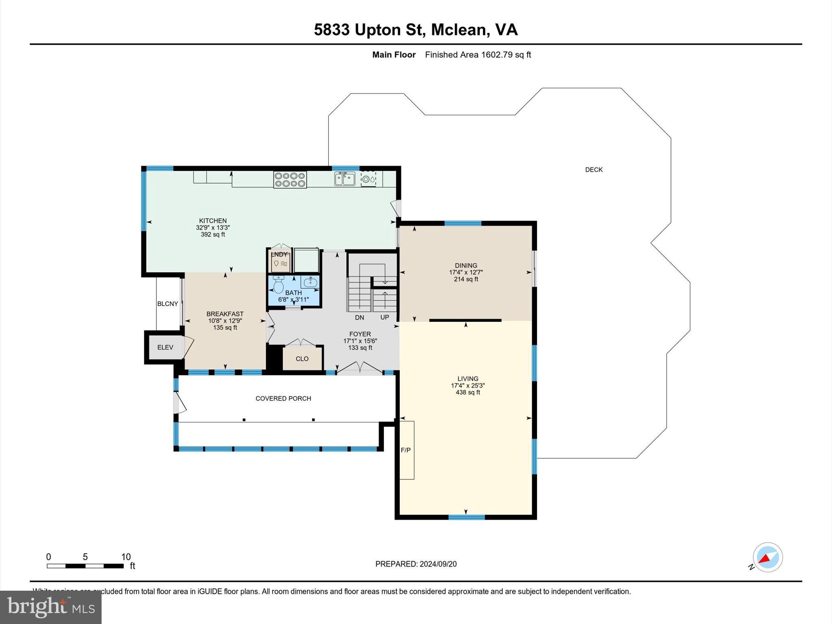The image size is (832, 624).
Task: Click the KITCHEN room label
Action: tap(212, 221)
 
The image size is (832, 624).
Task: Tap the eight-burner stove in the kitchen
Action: tap(290, 180)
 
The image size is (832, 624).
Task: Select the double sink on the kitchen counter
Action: tap(344, 179)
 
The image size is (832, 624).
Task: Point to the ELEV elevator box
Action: tap(165, 347)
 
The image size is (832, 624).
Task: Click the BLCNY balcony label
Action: tap(167, 304)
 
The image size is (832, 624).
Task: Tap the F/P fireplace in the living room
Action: tap(406, 450)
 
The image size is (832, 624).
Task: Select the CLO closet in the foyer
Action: tap(302, 359)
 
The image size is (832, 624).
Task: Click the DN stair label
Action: tap(360, 317)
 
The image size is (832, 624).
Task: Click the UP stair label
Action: tap(385, 317)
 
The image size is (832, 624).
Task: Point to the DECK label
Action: tap(594, 170)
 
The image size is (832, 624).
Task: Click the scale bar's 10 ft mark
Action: tap(126, 557)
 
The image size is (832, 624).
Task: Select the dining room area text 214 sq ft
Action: tap(466, 279)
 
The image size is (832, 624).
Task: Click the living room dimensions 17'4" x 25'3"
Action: tap(468, 386)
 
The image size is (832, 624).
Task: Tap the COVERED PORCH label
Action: tap(283, 399)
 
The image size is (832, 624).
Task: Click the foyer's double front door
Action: tap(360, 368)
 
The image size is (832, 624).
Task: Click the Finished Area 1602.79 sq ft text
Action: tap(478, 55)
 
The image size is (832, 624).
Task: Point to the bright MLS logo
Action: tap(51, 607)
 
